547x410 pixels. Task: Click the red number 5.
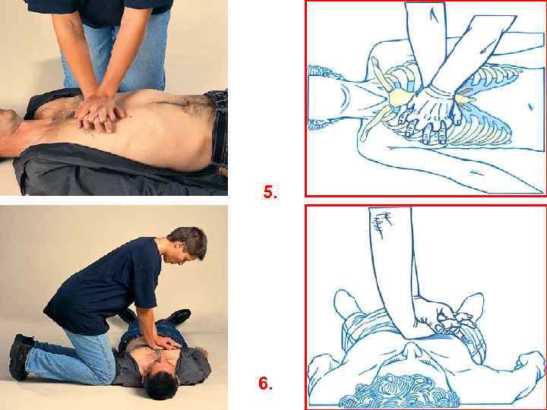(270, 192)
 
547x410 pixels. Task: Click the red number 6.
(265, 383)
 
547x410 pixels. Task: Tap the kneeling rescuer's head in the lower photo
(188, 244)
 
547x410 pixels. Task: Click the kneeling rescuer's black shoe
(19, 356)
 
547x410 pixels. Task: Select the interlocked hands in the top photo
(100, 113)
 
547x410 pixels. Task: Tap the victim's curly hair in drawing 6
(397, 393)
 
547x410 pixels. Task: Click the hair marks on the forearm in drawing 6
(383, 224)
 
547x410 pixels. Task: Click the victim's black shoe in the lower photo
(179, 316)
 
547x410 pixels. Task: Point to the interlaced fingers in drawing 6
(454, 319)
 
